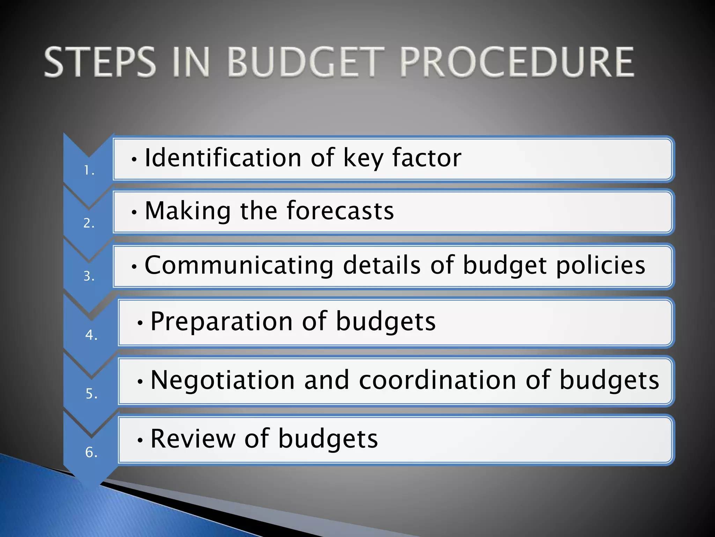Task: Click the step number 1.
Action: click(89, 171)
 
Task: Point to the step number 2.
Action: click(89, 223)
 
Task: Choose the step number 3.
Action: click(89, 276)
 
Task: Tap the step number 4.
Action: click(91, 335)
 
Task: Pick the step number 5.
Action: click(91, 394)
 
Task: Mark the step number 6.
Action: click(91, 452)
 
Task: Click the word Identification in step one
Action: click(223, 158)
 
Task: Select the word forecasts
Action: click(340, 211)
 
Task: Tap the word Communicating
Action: click(239, 265)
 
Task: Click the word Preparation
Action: click(221, 322)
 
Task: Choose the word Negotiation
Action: click(222, 380)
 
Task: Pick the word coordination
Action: click(437, 380)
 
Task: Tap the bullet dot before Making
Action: click(134, 212)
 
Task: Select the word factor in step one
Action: click(426, 158)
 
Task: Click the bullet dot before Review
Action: click(140, 440)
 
